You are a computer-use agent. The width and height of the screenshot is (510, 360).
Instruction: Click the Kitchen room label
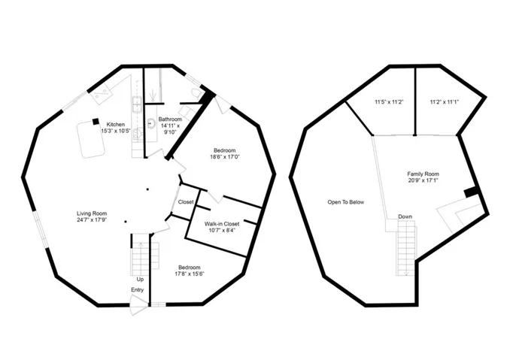(116, 125)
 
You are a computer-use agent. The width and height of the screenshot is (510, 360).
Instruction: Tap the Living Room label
(92, 213)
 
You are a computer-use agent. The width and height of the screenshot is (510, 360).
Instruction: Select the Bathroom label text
(170, 119)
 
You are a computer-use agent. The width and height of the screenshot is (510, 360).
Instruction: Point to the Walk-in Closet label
(222, 224)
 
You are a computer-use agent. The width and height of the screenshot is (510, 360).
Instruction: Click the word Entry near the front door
(137, 290)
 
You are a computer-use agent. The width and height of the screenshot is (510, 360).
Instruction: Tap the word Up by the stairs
(140, 280)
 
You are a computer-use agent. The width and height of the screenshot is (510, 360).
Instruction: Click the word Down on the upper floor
(405, 216)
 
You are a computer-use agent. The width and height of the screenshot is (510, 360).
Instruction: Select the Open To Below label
(346, 202)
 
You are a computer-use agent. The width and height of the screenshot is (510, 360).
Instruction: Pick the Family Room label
(423, 174)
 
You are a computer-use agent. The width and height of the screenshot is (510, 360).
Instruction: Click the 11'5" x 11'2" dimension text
(389, 102)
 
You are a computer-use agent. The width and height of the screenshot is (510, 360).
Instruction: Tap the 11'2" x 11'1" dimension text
(445, 102)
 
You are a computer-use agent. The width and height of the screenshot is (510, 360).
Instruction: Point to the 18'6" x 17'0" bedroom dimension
(225, 156)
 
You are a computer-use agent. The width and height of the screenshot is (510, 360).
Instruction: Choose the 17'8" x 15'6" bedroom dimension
(190, 274)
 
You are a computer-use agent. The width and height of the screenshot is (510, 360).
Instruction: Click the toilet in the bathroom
(196, 94)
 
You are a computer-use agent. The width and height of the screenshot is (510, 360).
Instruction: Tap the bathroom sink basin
(151, 123)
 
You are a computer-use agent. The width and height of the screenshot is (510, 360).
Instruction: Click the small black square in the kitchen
(96, 121)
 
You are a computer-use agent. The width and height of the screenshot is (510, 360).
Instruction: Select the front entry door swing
(138, 305)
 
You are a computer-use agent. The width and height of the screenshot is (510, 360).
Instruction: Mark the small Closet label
(186, 201)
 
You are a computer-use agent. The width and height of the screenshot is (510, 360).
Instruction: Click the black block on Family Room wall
(471, 192)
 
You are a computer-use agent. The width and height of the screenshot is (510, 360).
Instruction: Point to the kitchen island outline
(90, 140)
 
